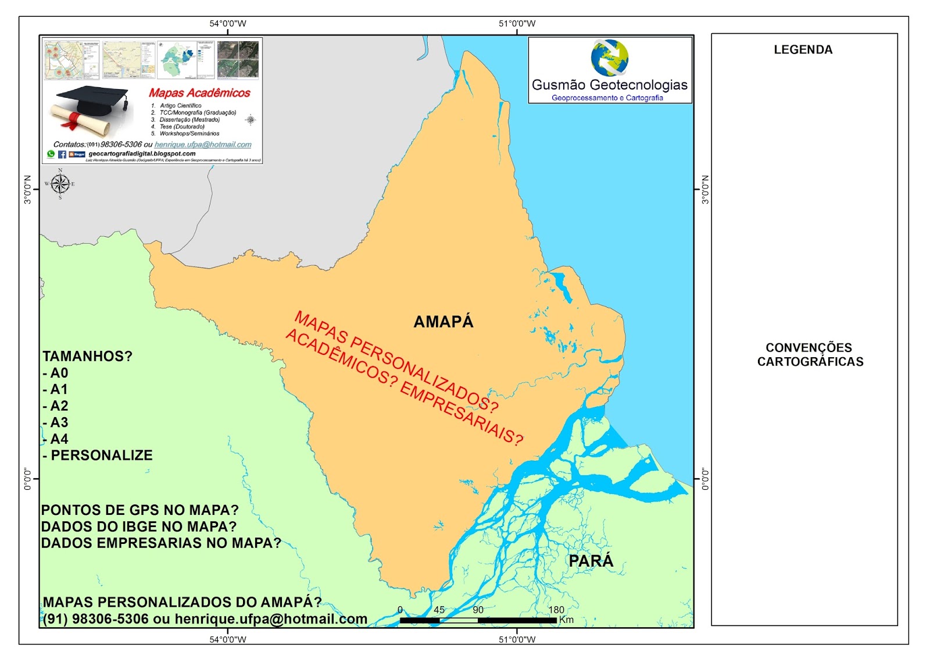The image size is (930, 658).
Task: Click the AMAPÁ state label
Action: tap(443, 322)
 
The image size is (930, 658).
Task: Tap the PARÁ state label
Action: tap(591, 561)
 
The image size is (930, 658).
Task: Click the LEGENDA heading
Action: tap(803, 50)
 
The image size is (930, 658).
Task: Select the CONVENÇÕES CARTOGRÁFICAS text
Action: tap(810, 354)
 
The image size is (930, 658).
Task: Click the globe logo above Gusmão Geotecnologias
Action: tap(609, 58)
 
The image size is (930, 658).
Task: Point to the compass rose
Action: tap(60, 184)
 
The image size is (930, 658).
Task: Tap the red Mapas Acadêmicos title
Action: tap(199, 93)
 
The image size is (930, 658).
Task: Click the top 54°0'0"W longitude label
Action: tap(228, 24)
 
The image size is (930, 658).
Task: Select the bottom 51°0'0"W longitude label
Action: tap(517, 639)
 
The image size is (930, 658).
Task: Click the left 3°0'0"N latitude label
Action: tap(27, 189)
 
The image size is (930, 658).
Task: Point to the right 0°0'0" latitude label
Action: tap(705, 479)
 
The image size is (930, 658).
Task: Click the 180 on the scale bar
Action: tap(556, 610)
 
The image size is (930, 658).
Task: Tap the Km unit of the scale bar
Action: tap(566, 620)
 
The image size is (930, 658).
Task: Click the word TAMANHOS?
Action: tap(87, 356)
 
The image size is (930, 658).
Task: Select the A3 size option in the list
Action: tap(59, 422)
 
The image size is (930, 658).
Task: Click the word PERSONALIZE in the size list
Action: tap(102, 456)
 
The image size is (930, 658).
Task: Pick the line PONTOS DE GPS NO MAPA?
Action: tap(139, 510)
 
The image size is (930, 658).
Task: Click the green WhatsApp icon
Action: tap(51, 154)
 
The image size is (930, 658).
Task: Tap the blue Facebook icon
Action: tap(62, 154)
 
